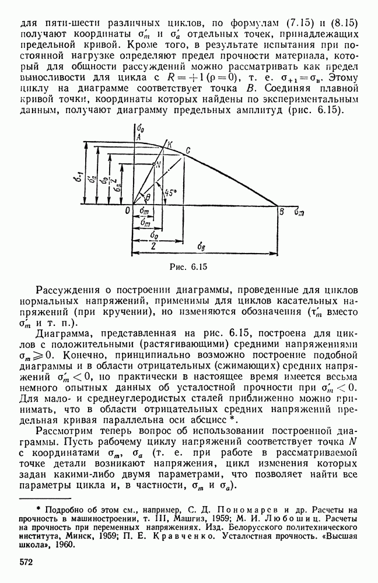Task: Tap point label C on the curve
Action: (188, 150)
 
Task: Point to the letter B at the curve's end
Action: (282, 212)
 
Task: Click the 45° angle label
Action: (171, 191)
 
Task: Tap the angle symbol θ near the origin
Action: (148, 198)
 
